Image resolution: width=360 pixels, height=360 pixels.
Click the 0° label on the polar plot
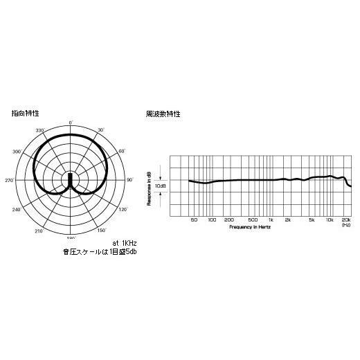point(71,123)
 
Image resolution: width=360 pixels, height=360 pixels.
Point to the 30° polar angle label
point(100,130)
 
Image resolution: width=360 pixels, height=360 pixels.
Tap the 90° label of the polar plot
point(129,180)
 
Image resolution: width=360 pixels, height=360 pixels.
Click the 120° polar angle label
point(123,209)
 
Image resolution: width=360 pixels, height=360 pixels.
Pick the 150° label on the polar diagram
point(101,231)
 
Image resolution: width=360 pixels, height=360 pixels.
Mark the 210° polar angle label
point(39,231)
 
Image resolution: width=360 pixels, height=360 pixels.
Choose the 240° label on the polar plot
point(17,209)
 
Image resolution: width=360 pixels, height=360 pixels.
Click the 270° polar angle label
point(10,180)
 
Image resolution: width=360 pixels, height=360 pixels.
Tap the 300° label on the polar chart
point(17,151)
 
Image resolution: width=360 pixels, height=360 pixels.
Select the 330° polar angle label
point(39,130)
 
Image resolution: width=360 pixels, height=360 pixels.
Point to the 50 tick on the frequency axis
point(194,220)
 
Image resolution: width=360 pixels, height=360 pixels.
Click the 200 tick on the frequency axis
point(231,220)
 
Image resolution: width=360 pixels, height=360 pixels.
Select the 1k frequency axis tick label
point(271,220)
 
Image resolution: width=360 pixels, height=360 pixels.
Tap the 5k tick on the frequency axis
point(312,220)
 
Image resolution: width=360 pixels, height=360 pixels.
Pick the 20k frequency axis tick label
point(345,220)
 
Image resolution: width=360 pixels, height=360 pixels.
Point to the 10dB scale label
point(161,186)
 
